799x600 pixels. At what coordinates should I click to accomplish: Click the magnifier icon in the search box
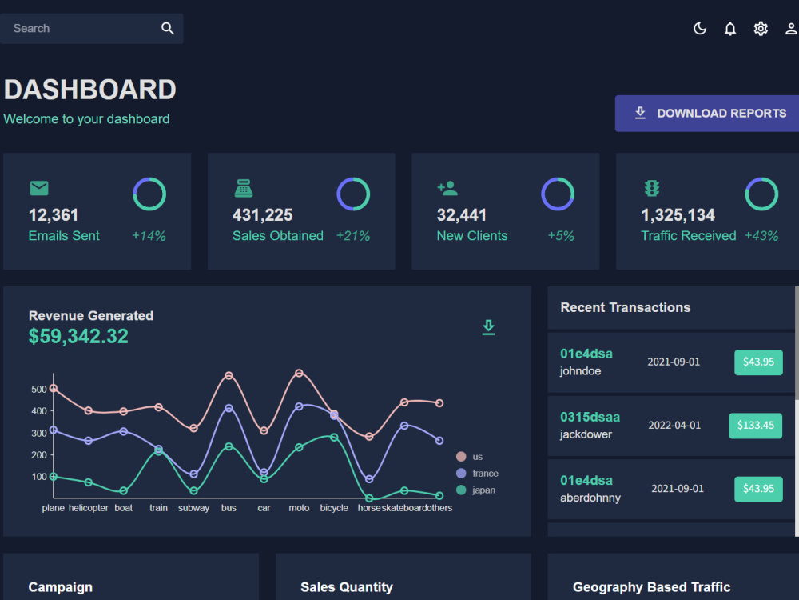coord(168,29)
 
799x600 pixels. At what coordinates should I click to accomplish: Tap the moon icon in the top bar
coord(700,29)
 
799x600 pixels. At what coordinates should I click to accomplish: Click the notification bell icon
coord(730,29)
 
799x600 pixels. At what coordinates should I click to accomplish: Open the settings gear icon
coord(761,29)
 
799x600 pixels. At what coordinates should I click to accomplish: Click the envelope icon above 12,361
coord(39,188)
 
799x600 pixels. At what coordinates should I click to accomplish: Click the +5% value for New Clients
coord(561,236)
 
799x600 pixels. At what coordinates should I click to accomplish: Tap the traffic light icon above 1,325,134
coord(652,188)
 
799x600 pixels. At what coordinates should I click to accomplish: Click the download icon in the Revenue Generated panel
coord(489,327)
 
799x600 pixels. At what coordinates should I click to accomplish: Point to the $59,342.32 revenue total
coord(78,336)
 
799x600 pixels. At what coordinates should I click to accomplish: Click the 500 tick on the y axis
coord(38,390)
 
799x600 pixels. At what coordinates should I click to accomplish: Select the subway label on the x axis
coord(193,508)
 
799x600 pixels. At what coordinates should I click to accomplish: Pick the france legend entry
coord(478,474)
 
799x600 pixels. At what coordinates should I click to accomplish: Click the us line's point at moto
coord(299,373)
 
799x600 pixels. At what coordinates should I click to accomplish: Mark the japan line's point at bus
coord(229,446)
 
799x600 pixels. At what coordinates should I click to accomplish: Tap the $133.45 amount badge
coord(755,426)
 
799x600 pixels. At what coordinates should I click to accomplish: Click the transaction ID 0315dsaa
coord(590,418)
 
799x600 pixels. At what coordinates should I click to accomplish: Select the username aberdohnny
coord(590,498)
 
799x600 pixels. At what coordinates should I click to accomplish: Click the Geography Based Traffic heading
coord(651,587)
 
